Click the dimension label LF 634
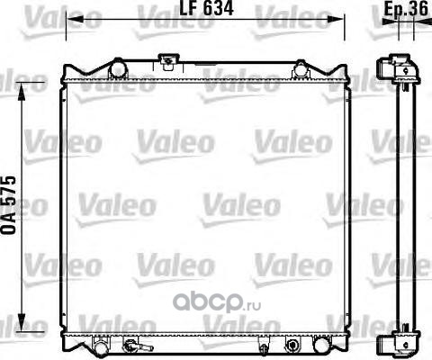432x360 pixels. pyautogui.click(x=206, y=8)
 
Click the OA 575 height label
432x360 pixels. pyautogui.click(x=8, y=205)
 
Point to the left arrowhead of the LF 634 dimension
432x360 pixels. pyautogui.click(x=75, y=19)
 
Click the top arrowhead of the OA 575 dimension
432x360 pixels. pyautogui.click(x=22, y=92)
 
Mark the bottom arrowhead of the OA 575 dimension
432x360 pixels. pyautogui.click(x=22, y=322)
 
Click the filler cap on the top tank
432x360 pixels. pyautogui.click(x=168, y=60)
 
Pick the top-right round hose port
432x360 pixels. pyautogui.click(x=301, y=69)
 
